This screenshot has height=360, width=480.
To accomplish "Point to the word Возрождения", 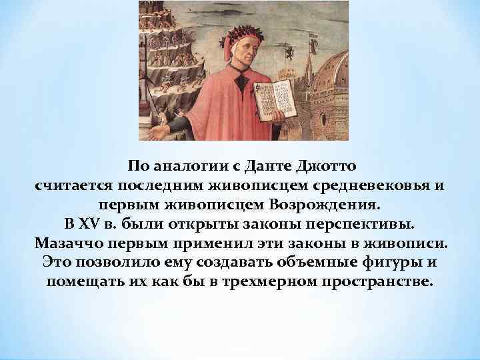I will tap(330, 202).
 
